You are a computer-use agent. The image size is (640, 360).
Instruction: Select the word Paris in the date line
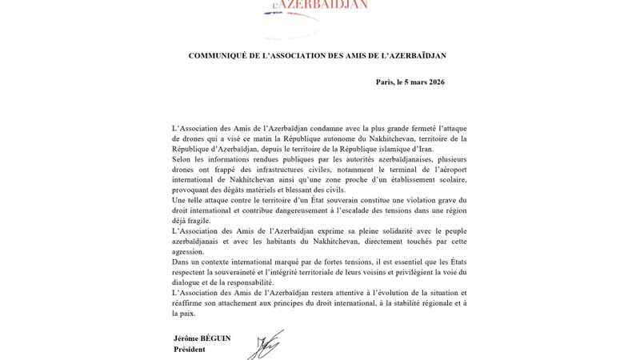[387, 82]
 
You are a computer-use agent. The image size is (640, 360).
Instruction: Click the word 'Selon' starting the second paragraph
[184, 161]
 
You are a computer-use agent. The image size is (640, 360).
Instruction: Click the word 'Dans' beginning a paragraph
[183, 261]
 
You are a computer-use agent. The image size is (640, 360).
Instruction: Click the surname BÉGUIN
[214, 338]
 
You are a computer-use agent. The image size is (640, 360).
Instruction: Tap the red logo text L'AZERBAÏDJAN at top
[320, 5]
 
